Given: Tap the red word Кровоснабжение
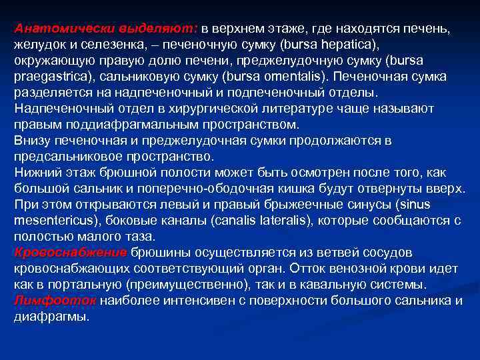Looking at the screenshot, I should click(70, 253).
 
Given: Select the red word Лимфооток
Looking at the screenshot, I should click(55, 300).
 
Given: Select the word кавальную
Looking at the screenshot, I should click(315, 285).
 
